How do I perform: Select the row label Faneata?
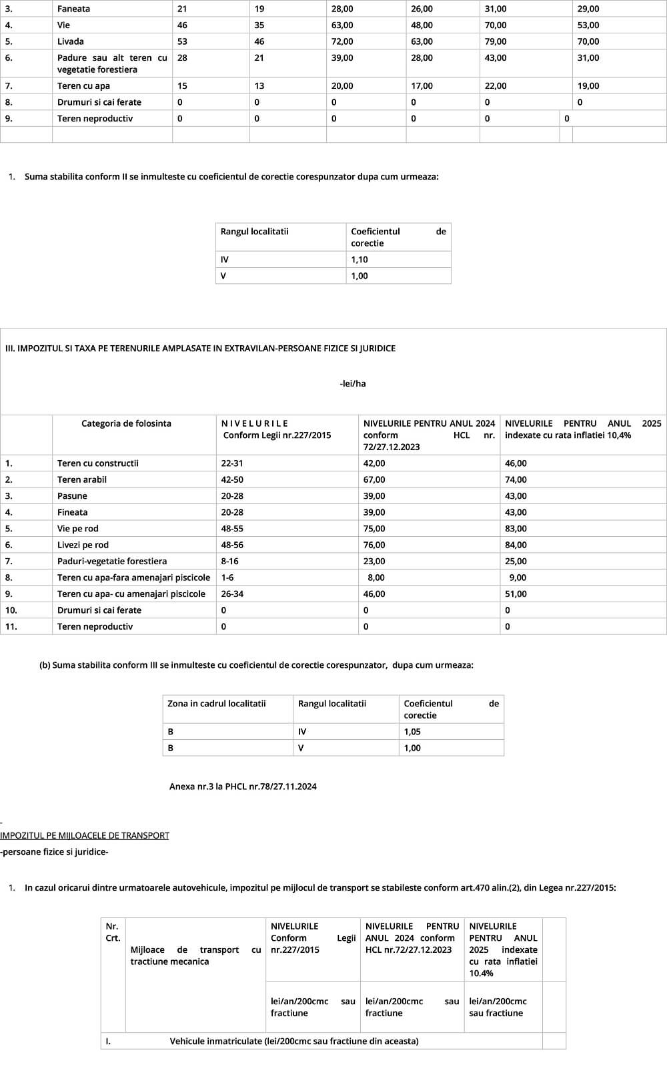point(73,9)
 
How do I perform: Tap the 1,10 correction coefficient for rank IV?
point(360,260)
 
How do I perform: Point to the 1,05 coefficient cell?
point(412,732)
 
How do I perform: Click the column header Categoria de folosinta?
point(126,423)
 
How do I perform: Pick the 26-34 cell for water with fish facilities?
point(232,594)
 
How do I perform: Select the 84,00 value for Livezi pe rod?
point(516,545)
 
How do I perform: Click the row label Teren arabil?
point(82,479)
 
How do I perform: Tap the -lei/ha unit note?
point(352,384)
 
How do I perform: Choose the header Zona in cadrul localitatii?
point(217,704)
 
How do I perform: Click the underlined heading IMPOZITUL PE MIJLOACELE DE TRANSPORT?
point(85,835)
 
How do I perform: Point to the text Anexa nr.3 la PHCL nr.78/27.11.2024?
point(243,787)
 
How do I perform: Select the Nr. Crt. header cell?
point(113,932)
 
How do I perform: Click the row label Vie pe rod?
point(78,529)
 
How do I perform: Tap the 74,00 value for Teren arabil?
point(516,479)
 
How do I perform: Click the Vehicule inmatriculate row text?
point(294,1041)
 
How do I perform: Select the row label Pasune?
point(72,496)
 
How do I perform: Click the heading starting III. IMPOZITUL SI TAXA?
point(200,349)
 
